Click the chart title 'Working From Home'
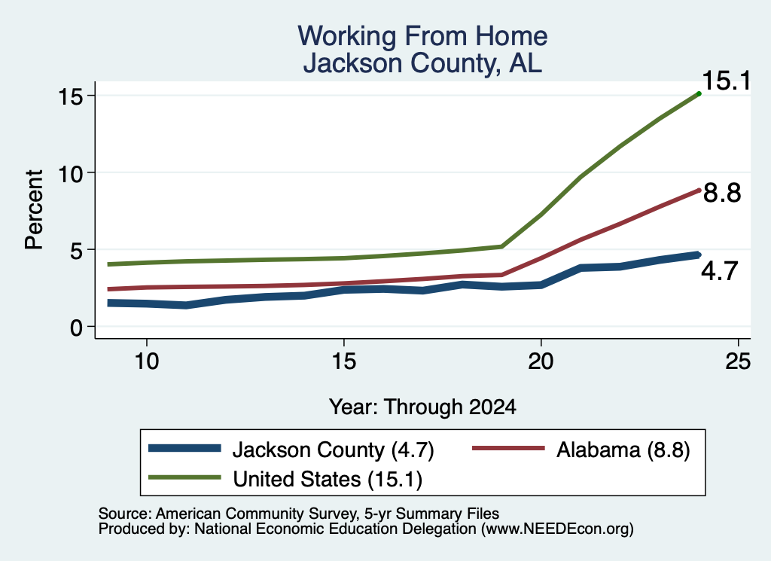(422, 36)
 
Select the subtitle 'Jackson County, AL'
(422, 63)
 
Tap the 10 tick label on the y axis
(69, 173)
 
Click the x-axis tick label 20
(541, 361)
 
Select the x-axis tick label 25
(738, 361)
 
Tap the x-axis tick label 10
(147, 361)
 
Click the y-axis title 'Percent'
(35, 210)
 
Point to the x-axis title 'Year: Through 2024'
(422, 407)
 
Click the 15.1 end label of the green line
(727, 81)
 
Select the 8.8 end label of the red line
(722, 193)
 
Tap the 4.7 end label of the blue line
(719, 271)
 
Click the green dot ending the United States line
(699, 93)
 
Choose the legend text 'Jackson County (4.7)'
(333, 450)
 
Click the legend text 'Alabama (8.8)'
(623, 450)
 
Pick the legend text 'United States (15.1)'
(328, 479)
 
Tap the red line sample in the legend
(508, 448)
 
